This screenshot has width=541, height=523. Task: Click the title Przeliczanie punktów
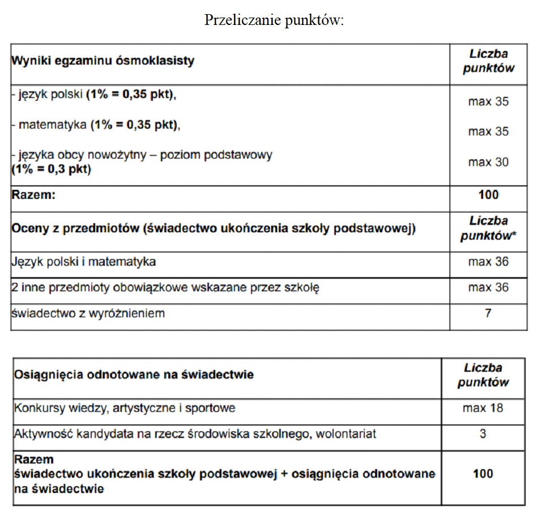click(274, 20)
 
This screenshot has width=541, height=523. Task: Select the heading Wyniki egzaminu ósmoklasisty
click(103, 61)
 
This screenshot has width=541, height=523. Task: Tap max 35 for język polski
click(488, 102)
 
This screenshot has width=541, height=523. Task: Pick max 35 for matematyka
click(488, 131)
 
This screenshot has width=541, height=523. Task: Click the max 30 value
click(488, 162)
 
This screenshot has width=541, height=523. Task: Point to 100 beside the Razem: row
click(488, 195)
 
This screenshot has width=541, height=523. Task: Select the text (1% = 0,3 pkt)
click(51, 169)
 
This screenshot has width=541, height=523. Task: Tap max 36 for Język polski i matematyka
click(488, 262)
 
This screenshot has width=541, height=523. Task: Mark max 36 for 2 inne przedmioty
click(488, 288)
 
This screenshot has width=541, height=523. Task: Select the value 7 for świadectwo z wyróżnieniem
click(488, 313)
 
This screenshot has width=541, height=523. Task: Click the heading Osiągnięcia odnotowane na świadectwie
click(134, 375)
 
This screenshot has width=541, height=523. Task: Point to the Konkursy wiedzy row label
click(125, 408)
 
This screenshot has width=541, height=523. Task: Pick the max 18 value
click(483, 408)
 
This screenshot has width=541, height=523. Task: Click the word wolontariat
click(346, 434)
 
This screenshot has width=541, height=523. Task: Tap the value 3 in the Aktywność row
click(483, 434)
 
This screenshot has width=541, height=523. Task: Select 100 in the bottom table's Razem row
click(483, 474)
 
